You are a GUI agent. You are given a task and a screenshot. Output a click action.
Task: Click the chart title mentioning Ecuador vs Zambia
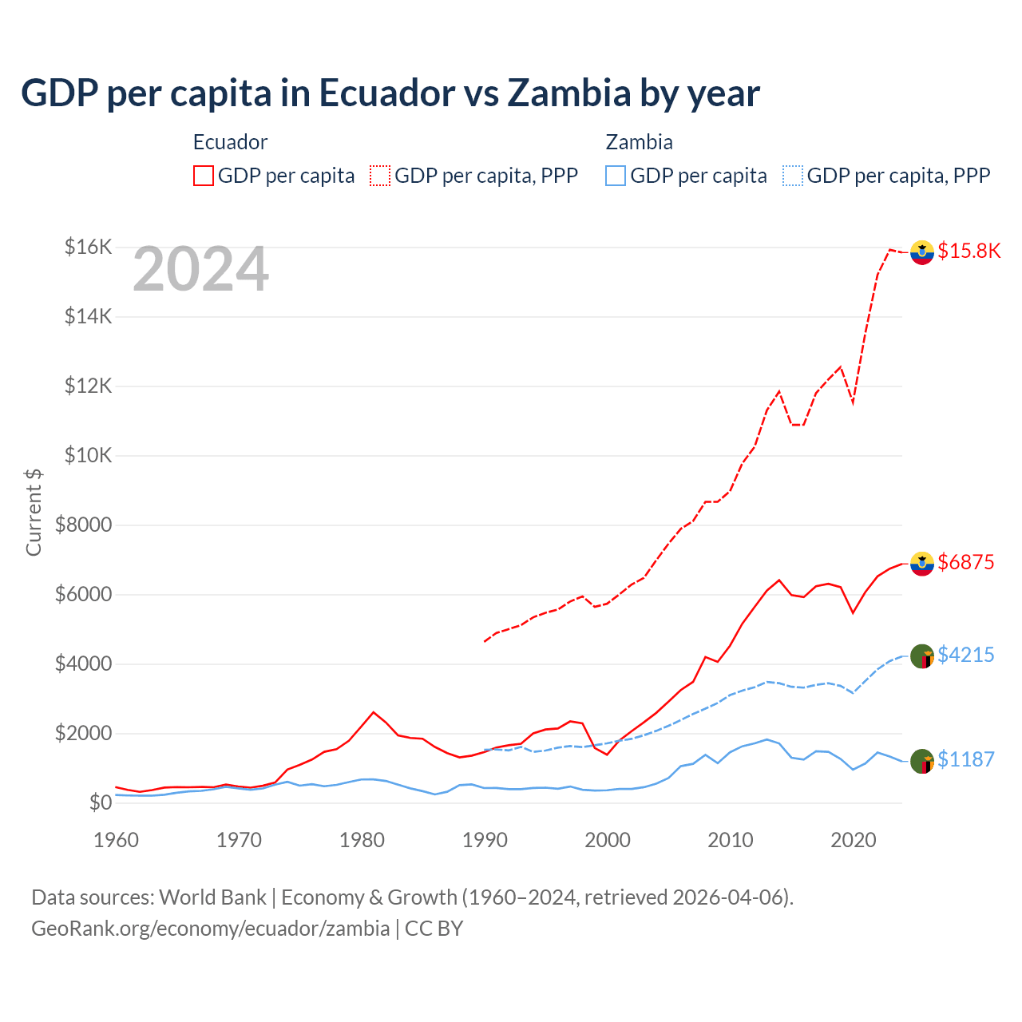click(x=390, y=93)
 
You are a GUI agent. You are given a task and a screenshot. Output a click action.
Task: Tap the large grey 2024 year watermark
click(x=200, y=270)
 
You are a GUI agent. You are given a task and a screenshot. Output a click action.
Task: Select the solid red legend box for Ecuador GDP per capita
click(x=204, y=176)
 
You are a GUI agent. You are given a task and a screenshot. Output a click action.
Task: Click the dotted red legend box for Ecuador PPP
click(x=380, y=176)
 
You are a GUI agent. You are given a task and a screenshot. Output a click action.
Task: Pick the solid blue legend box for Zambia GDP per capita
click(x=616, y=176)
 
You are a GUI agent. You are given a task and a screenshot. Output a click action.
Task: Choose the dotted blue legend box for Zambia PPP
click(x=793, y=176)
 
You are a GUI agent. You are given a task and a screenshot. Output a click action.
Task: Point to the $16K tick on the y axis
click(x=88, y=247)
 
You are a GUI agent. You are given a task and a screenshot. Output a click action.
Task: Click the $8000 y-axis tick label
click(x=83, y=525)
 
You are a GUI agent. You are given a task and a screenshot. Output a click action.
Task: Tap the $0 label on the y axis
click(x=100, y=802)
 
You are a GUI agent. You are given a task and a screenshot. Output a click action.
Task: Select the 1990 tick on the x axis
click(x=485, y=840)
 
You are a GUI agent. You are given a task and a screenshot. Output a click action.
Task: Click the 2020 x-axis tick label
click(x=854, y=840)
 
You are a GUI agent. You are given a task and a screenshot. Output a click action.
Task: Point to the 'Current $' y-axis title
click(x=34, y=513)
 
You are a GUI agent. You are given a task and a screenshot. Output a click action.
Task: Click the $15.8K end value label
click(x=969, y=251)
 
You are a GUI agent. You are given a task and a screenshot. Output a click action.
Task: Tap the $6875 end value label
click(x=965, y=562)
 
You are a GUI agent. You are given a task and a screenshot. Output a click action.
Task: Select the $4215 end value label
click(x=965, y=655)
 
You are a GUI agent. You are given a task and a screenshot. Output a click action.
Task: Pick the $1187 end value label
click(x=965, y=759)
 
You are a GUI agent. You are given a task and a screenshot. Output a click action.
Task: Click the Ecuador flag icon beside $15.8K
click(x=922, y=252)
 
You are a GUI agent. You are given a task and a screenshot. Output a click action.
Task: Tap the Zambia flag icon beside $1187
click(x=922, y=762)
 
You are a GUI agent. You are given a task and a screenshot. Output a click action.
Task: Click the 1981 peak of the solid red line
click(x=374, y=711)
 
